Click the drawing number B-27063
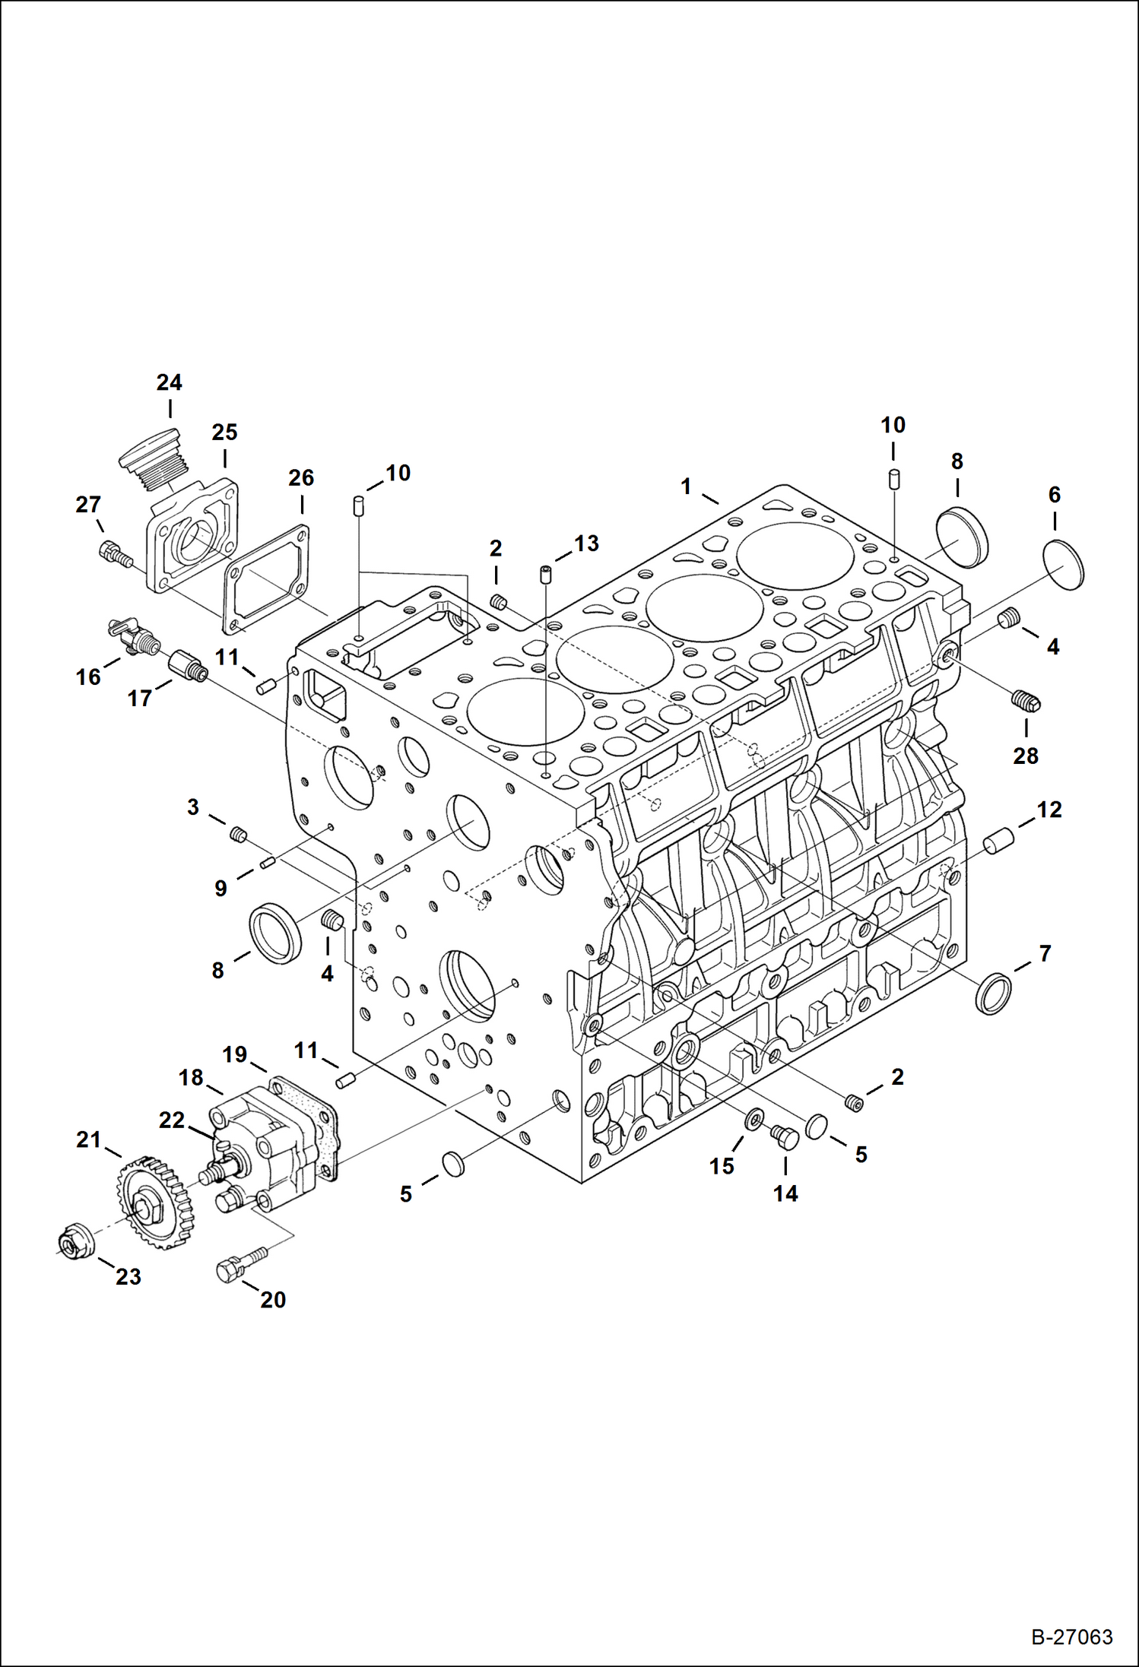pos(1071,1636)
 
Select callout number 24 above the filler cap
pos(169,382)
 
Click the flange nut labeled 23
pos(76,1242)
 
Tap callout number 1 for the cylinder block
pos(686,486)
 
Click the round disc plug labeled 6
pos(1063,565)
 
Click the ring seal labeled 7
pos(994,993)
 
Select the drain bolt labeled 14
pos(784,1137)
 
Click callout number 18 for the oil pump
pos(191,1077)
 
